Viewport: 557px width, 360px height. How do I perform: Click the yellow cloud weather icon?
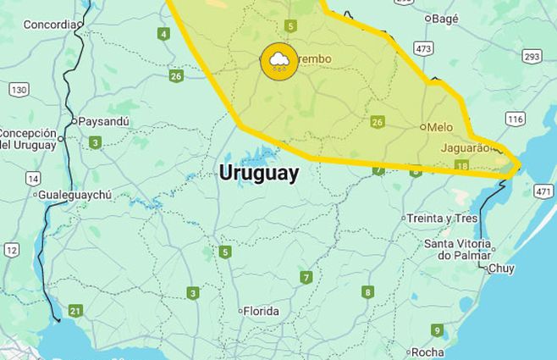click(x=278, y=61)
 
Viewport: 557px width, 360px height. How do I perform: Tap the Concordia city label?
click(x=49, y=25)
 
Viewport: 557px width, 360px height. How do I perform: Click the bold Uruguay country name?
click(x=258, y=173)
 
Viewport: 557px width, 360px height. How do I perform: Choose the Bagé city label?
click(x=444, y=18)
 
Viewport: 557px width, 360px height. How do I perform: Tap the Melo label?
click(x=439, y=127)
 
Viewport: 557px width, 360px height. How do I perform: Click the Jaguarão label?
click(x=465, y=147)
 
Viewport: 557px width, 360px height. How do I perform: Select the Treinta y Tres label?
click(x=442, y=218)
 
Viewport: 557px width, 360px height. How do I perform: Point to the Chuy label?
click(x=501, y=269)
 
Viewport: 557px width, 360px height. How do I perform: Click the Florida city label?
click(x=261, y=311)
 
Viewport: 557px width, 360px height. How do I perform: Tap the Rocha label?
click(x=427, y=352)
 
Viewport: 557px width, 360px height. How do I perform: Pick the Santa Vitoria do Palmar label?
click(x=458, y=250)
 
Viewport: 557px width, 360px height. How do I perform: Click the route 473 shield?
click(x=423, y=50)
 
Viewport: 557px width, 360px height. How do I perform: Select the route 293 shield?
click(x=532, y=57)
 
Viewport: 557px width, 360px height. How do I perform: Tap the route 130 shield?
click(x=19, y=89)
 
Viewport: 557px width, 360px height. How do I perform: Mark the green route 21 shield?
click(x=75, y=311)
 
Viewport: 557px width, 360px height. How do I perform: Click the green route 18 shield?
click(x=461, y=166)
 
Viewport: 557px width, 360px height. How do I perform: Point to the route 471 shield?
click(x=543, y=192)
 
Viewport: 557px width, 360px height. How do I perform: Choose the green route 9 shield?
click(x=437, y=330)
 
